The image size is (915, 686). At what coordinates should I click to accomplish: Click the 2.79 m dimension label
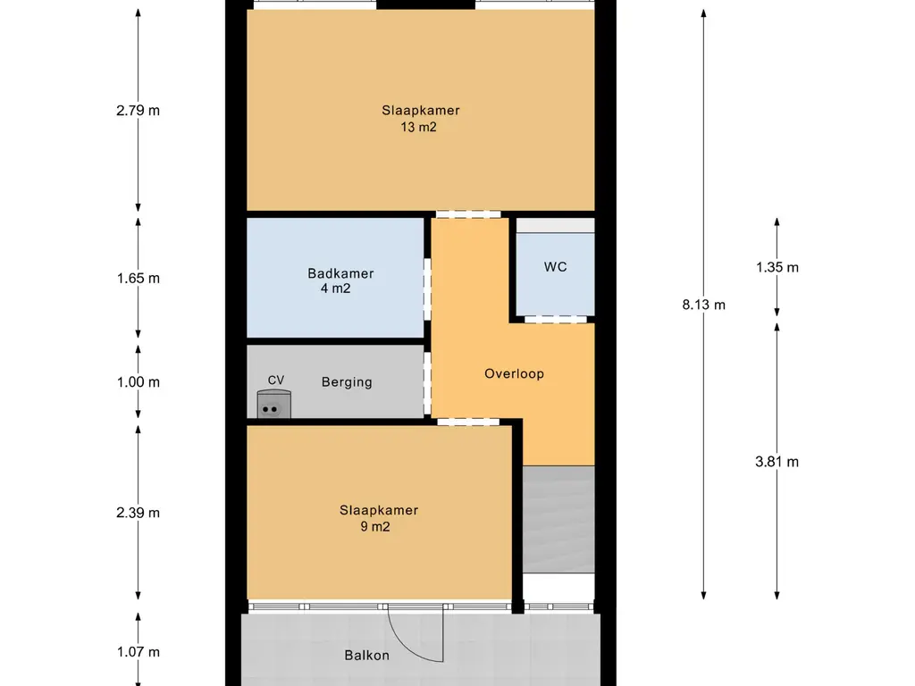[x=138, y=110]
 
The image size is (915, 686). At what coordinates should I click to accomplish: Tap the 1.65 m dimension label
[x=138, y=279]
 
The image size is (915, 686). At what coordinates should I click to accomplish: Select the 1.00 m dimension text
[x=138, y=382]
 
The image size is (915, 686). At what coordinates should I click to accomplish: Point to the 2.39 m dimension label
[x=138, y=513]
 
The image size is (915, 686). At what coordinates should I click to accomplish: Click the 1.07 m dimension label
[x=138, y=652]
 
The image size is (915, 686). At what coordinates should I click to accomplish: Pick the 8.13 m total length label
[x=704, y=305]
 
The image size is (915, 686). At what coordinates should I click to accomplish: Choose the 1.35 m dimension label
[x=777, y=267]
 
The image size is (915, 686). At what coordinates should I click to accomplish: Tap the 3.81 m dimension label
[x=776, y=462]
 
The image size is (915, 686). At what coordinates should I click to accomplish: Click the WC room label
[x=555, y=266]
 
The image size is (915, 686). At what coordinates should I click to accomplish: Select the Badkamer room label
[x=340, y=273]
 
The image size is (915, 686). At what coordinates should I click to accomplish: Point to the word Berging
[x=347, y=382]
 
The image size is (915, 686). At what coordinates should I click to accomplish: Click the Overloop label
[x=514, y=373]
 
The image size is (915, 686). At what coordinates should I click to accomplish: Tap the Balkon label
[x=366, y=655]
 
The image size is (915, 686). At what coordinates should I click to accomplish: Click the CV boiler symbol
[x=273, y=405]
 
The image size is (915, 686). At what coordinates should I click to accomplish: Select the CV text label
[x=276, y=381]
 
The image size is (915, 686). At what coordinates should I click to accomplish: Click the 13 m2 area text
[x=418, y=127]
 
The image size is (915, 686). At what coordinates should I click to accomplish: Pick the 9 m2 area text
[x=375, y=527]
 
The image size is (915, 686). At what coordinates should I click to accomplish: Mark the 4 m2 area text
[x=336, y=289]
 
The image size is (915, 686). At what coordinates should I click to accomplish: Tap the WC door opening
[x=555, y=319]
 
